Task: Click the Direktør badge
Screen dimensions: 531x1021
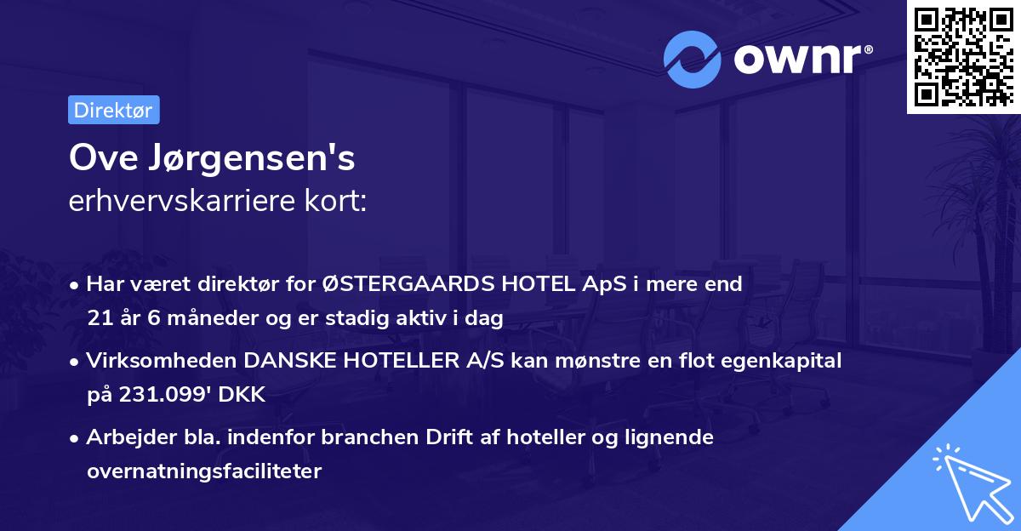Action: pos(113,110)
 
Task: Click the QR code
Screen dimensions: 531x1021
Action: pos(963,57)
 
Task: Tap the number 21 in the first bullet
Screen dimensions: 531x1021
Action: pos(98,319)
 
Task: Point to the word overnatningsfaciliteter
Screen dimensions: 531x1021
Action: pos(204,472)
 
